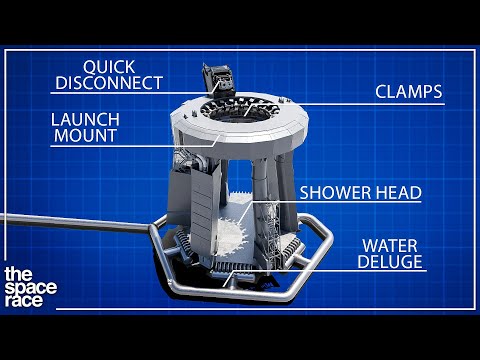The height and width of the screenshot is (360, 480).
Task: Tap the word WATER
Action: pos(391,245)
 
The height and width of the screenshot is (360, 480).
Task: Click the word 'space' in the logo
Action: pos(31,289)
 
